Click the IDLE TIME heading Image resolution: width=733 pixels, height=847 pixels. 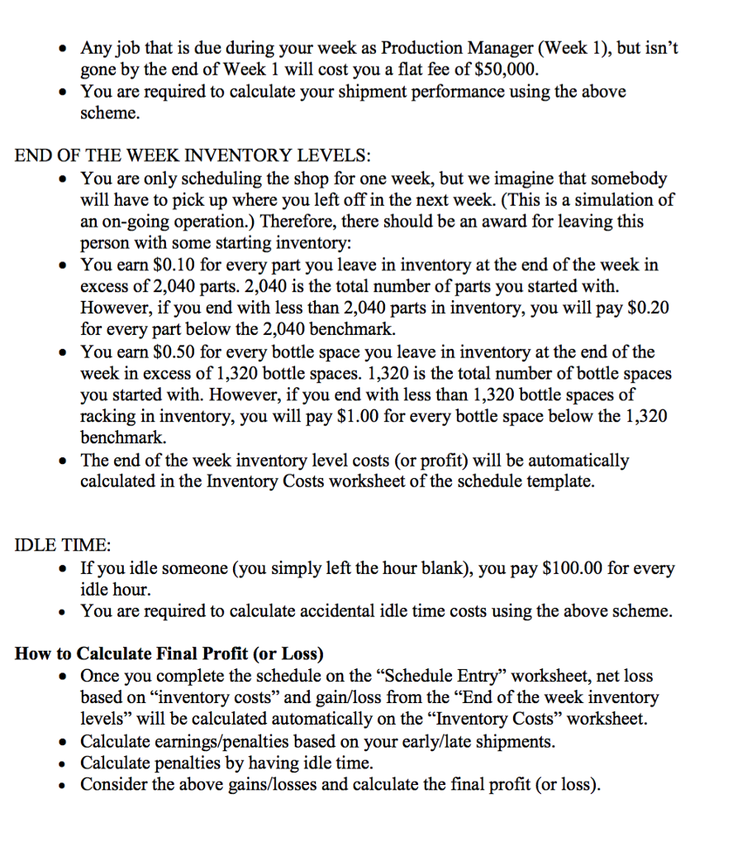(62, 546)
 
